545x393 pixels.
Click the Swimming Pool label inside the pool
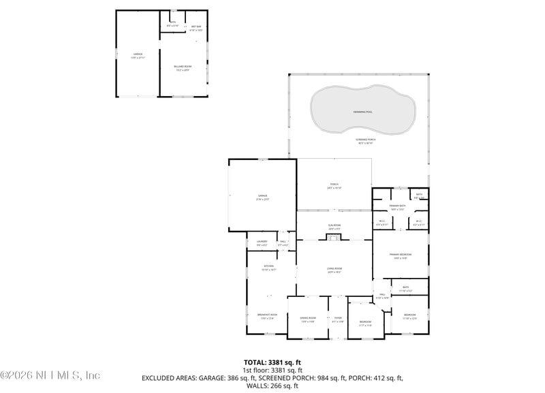363,111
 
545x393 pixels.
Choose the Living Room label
334,270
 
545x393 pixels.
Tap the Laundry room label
262,242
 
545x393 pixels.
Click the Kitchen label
269,268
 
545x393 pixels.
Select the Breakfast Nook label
269,316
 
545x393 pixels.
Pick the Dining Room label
308,319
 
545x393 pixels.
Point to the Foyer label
338,319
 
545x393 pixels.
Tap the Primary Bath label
398,207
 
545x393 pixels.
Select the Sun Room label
334,227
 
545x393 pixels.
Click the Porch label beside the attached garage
334,185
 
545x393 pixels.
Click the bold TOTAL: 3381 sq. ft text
272,362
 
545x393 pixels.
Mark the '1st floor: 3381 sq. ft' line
272,370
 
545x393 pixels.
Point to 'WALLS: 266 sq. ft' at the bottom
272,385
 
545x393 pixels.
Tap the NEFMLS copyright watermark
50,375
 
